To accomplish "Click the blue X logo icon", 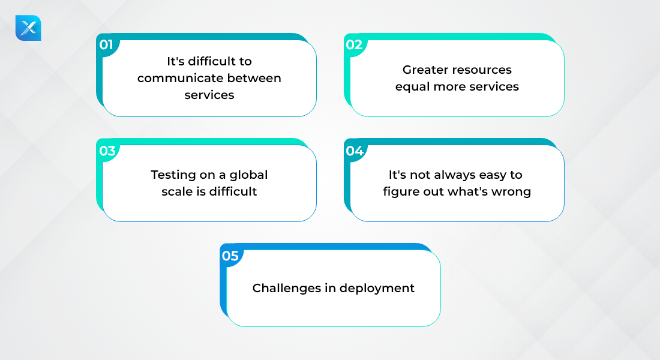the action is pos(28,28).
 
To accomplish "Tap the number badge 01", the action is pos(106,44).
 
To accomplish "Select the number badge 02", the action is pos(354,44).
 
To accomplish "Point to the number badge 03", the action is pos(107,151).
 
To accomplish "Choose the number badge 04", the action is pos(355,151).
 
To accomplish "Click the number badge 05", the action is pos(230,256).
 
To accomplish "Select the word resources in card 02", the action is pos(484,70).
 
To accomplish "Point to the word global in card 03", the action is pos(249,175).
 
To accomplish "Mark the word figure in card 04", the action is pos(399,192).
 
